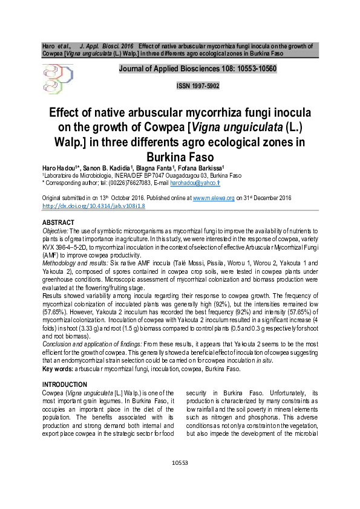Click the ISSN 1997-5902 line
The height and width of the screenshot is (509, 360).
pos(197,86)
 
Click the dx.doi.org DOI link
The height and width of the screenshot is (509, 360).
pos(93,206)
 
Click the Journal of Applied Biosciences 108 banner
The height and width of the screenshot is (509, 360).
pos(197,68)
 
